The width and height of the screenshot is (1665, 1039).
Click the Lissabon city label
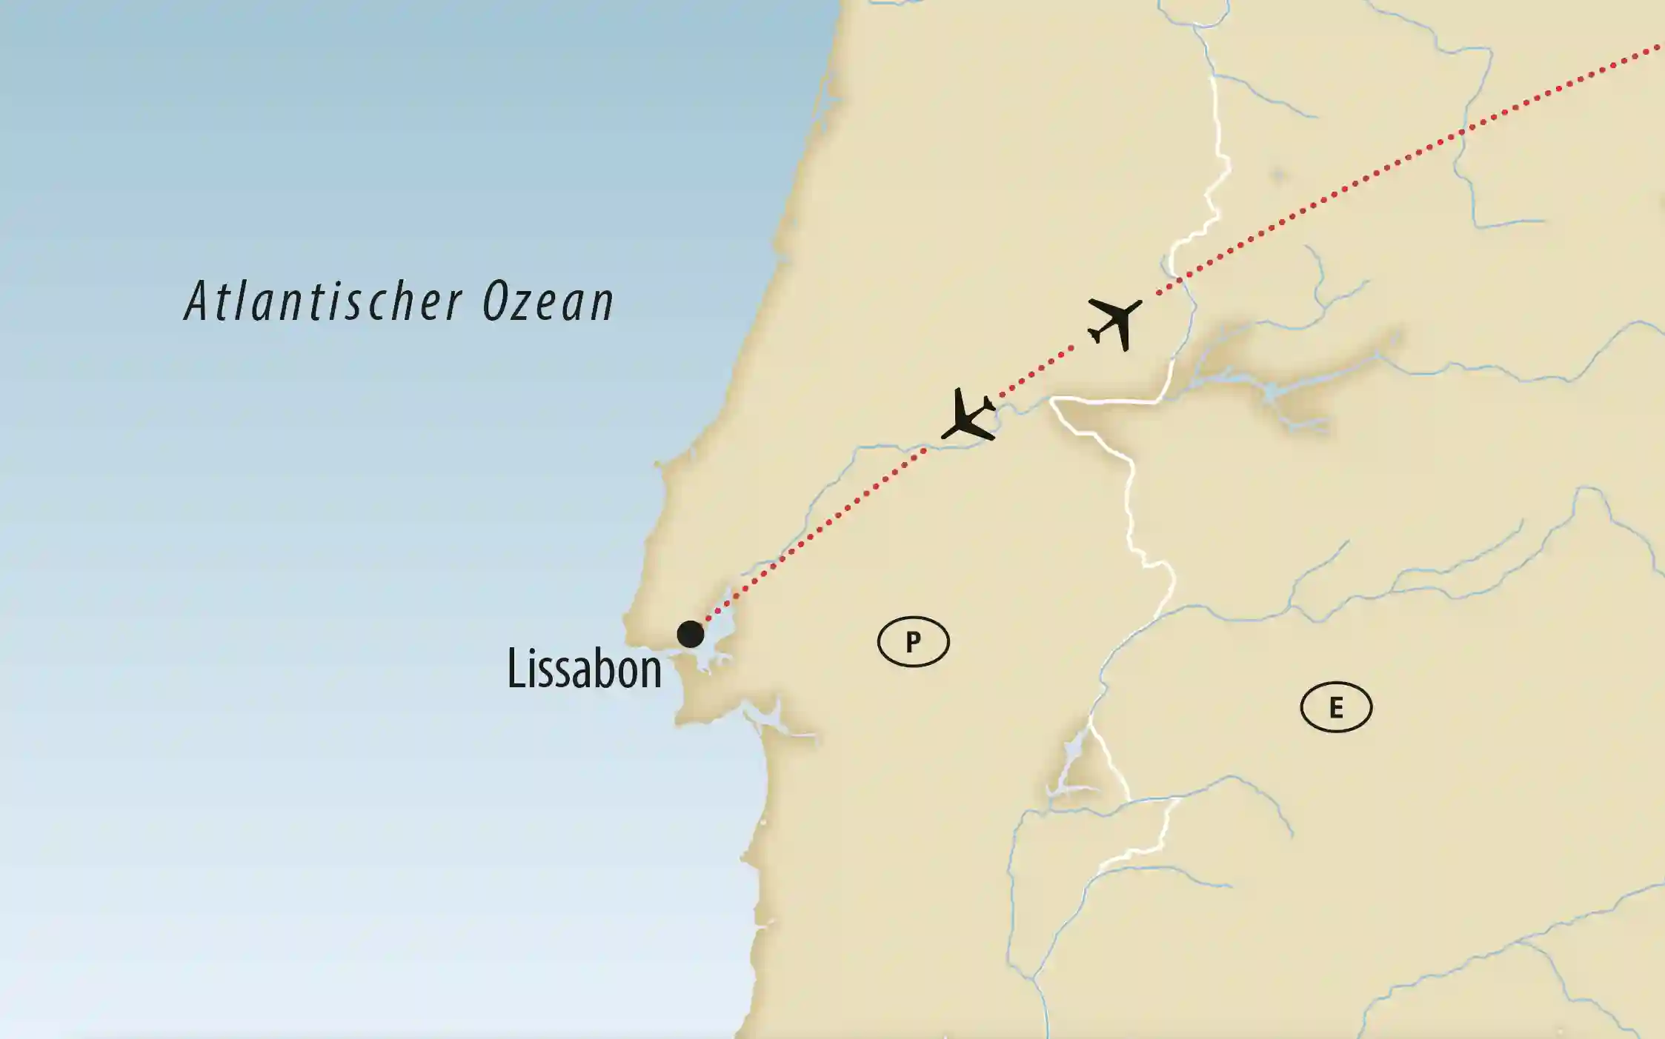click(584, 669)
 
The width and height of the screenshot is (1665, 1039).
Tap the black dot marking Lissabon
click(691, 635)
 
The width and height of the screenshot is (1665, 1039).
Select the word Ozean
click(548, 301)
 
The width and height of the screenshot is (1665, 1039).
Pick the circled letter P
click(913, 641)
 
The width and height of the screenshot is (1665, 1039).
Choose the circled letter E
click(1336, 708)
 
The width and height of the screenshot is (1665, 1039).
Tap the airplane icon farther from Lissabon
click(1114, 323)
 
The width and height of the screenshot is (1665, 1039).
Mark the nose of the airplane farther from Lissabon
click(1137, 303)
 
